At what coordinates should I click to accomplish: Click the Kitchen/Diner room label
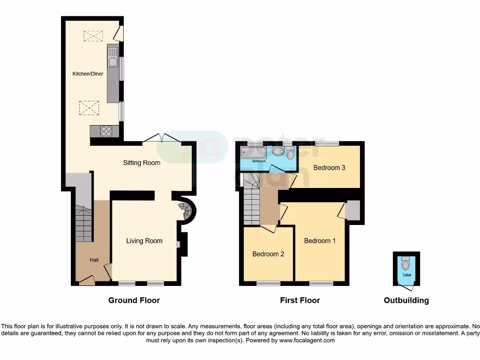(x=87, y=74)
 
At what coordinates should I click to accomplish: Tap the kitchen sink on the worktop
(x=112, y=61)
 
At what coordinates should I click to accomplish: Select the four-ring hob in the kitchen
(x=106, y=131)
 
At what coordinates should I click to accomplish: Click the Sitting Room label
(x=142, y=163)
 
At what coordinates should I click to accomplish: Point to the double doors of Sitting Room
(x=162, y=137)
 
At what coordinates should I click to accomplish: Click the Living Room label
(x=144, y=240)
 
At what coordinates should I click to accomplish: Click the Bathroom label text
(x=259, y=161)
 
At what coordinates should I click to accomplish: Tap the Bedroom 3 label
(x=329, y=167)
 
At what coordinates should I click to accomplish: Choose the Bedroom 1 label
(x=320, y=240)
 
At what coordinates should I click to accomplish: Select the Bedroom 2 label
(x=268, y=254)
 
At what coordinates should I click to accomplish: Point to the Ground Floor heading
(x=134, y=300)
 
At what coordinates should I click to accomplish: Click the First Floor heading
(x=300, y=300)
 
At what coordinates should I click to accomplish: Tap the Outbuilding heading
(x=406, y=300)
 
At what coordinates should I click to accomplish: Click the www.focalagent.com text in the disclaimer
(x=307, y=340)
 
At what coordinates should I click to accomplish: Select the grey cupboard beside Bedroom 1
(x=352, y=210)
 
